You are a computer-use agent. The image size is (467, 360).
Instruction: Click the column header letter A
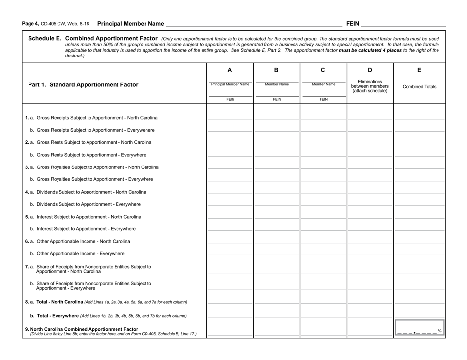click(230, 70)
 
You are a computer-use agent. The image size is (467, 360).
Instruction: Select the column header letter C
click(323, 70)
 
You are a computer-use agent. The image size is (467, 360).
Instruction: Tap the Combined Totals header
click(419, 87)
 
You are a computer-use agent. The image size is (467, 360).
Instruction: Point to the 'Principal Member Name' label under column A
click(230, 84)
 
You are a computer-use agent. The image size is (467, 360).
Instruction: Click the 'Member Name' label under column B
click(277, 84)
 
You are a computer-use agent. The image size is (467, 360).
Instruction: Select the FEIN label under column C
click(323, 99)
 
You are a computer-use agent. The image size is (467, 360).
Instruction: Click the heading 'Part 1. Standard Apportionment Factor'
click(83, 84)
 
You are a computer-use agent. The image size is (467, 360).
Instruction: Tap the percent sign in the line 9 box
click(439, 331)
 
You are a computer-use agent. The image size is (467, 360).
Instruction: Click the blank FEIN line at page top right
click(404, 24)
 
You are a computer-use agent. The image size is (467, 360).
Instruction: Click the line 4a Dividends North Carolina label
click(86, 192)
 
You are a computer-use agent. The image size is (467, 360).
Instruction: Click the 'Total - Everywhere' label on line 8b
click(54, 316)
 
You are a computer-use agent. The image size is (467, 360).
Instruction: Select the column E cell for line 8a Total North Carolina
click(419, 301)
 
